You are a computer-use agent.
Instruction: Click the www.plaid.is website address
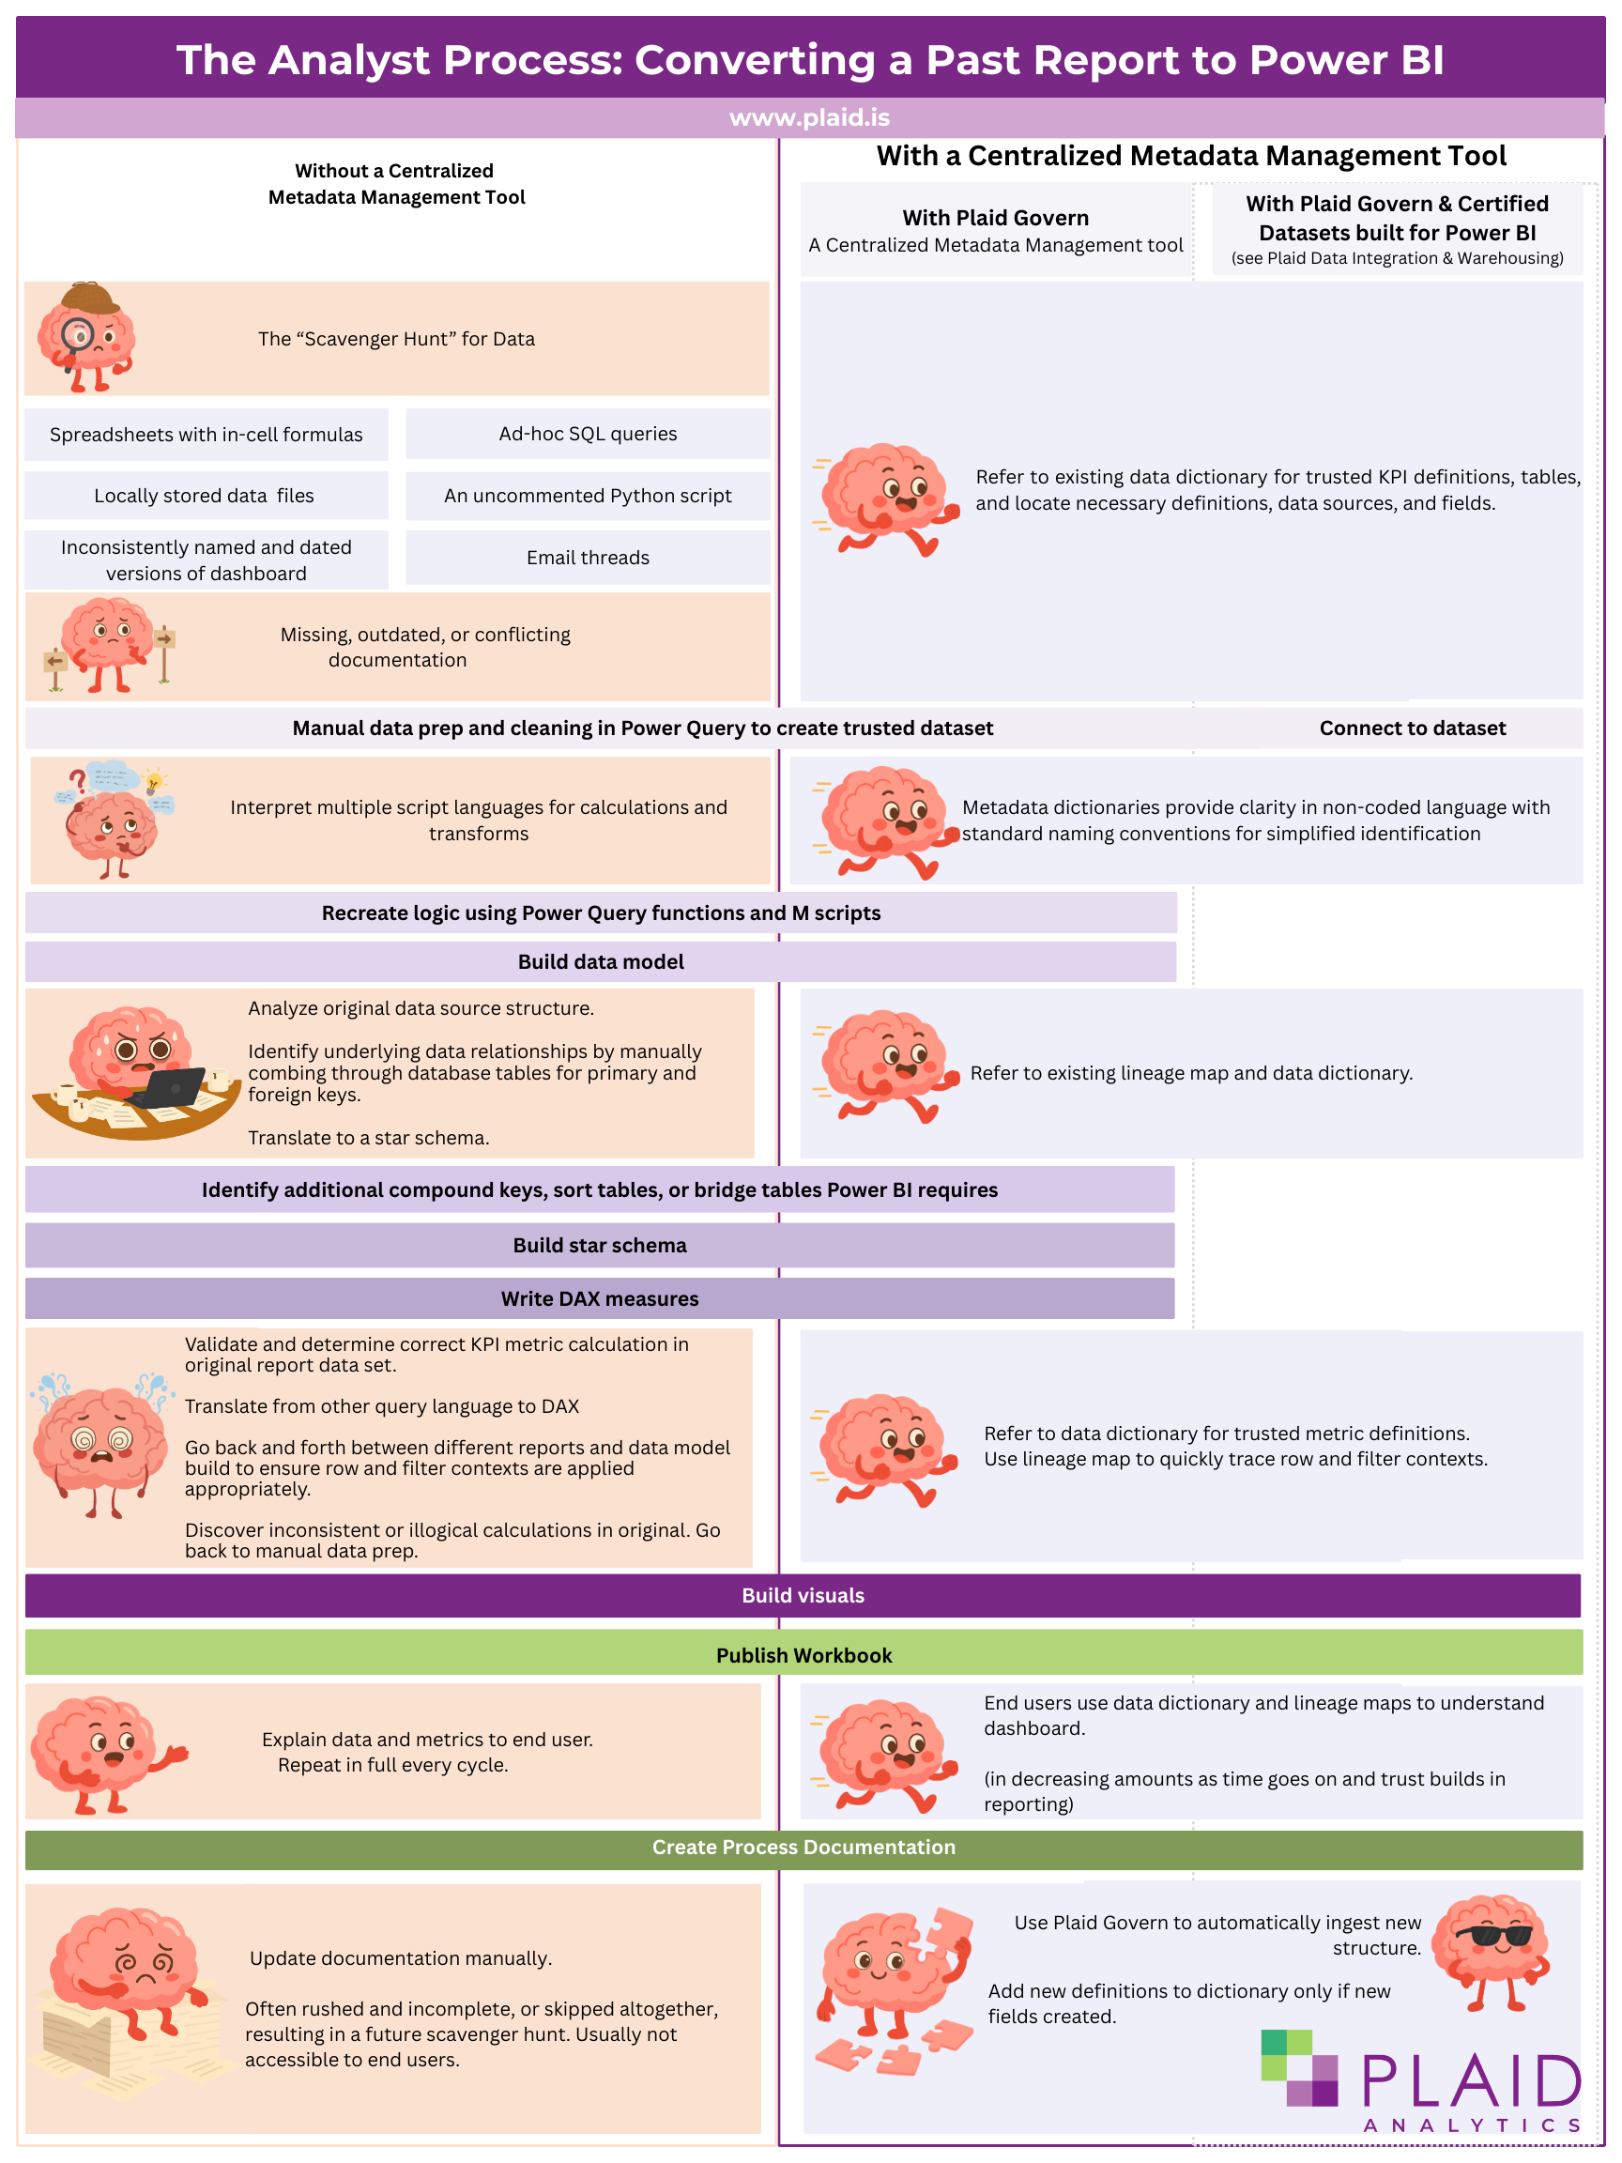(x=808, y=117)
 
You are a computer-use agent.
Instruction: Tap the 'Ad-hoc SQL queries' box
(x=588, y=433)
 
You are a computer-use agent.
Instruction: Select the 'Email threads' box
(x=588, y=558)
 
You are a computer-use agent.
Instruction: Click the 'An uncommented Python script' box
(x=588, y=496)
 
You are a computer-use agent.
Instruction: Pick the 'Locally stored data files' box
(x=205, y=496)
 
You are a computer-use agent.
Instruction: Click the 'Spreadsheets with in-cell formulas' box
(x=207, y=434)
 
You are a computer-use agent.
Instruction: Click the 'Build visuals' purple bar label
(x=803, y=1595)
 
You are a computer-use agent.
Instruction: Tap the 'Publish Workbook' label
(x=803, y=1654)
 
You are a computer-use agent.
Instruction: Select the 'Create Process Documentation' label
(x=803, y=1847)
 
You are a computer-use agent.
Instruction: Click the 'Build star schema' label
(x=599, y=1245)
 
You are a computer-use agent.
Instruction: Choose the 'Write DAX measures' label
(x=599, y=1298)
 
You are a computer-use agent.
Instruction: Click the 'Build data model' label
(x=601, y=961)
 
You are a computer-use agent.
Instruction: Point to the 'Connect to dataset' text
(x=1412, y=728)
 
